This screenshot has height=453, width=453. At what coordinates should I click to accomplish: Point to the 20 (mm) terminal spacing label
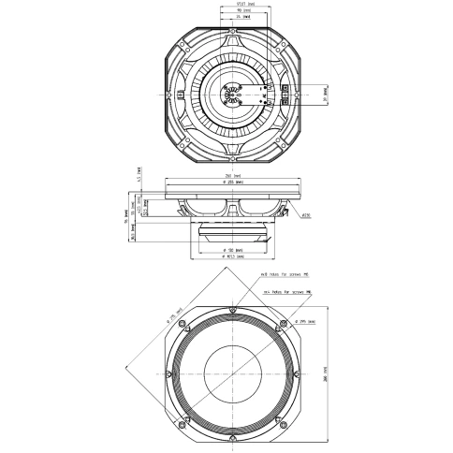(x=322, y=95)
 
